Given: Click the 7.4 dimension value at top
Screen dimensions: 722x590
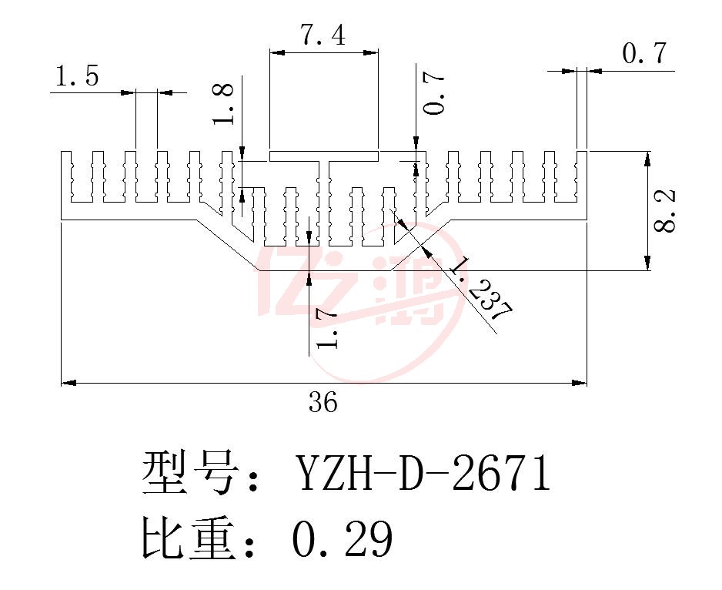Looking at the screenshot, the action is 323,35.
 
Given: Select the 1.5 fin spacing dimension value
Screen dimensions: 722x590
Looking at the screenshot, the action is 77,75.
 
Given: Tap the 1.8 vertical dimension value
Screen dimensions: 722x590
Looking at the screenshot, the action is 223,104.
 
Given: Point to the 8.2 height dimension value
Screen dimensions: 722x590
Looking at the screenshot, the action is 664,210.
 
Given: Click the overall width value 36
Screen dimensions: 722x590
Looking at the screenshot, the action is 323,401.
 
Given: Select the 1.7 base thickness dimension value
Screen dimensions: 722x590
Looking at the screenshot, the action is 327,329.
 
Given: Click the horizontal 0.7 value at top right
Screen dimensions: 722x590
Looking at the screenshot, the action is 644,52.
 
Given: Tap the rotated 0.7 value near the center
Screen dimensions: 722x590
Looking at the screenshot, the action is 434,93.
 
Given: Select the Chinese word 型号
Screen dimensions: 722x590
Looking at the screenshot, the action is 189,472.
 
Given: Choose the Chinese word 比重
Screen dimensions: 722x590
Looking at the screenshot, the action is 189,538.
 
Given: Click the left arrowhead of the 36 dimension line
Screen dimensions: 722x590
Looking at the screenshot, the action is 69,383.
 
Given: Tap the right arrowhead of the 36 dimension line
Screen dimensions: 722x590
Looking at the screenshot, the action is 580,383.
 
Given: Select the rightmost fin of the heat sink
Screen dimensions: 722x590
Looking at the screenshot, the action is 582,179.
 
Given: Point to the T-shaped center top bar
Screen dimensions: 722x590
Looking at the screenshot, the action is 324,156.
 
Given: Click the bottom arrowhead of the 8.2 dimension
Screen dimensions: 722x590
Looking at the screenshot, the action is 647,263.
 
